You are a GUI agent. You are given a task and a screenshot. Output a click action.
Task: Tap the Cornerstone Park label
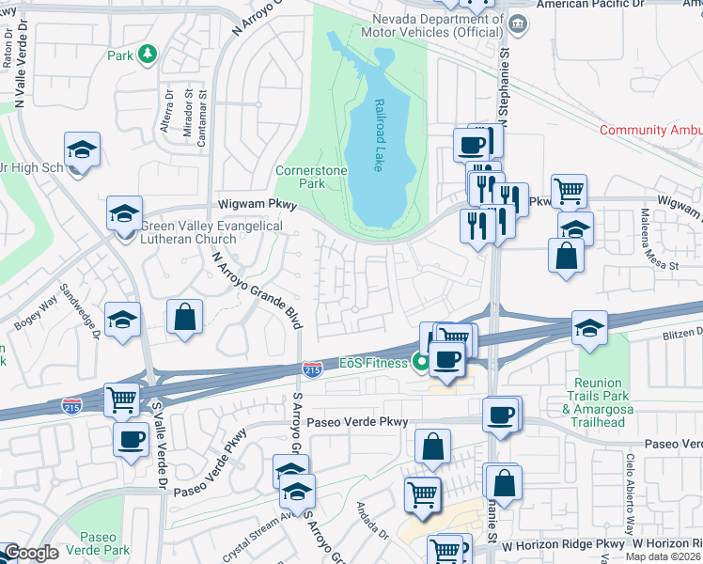pos(311,177)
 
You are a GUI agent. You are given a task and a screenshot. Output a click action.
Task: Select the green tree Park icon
pos(147,55)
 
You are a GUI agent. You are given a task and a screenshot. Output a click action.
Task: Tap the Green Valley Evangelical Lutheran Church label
pos(211,232)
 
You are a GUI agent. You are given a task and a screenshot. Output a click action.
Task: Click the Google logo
pos(30,553)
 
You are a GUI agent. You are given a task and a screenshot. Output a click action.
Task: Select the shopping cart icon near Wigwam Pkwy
pos(569,191)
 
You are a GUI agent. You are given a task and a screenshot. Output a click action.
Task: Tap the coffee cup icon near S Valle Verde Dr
pos(131,438)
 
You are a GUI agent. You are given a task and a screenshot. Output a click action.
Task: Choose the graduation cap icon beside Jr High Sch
pos(82,149)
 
